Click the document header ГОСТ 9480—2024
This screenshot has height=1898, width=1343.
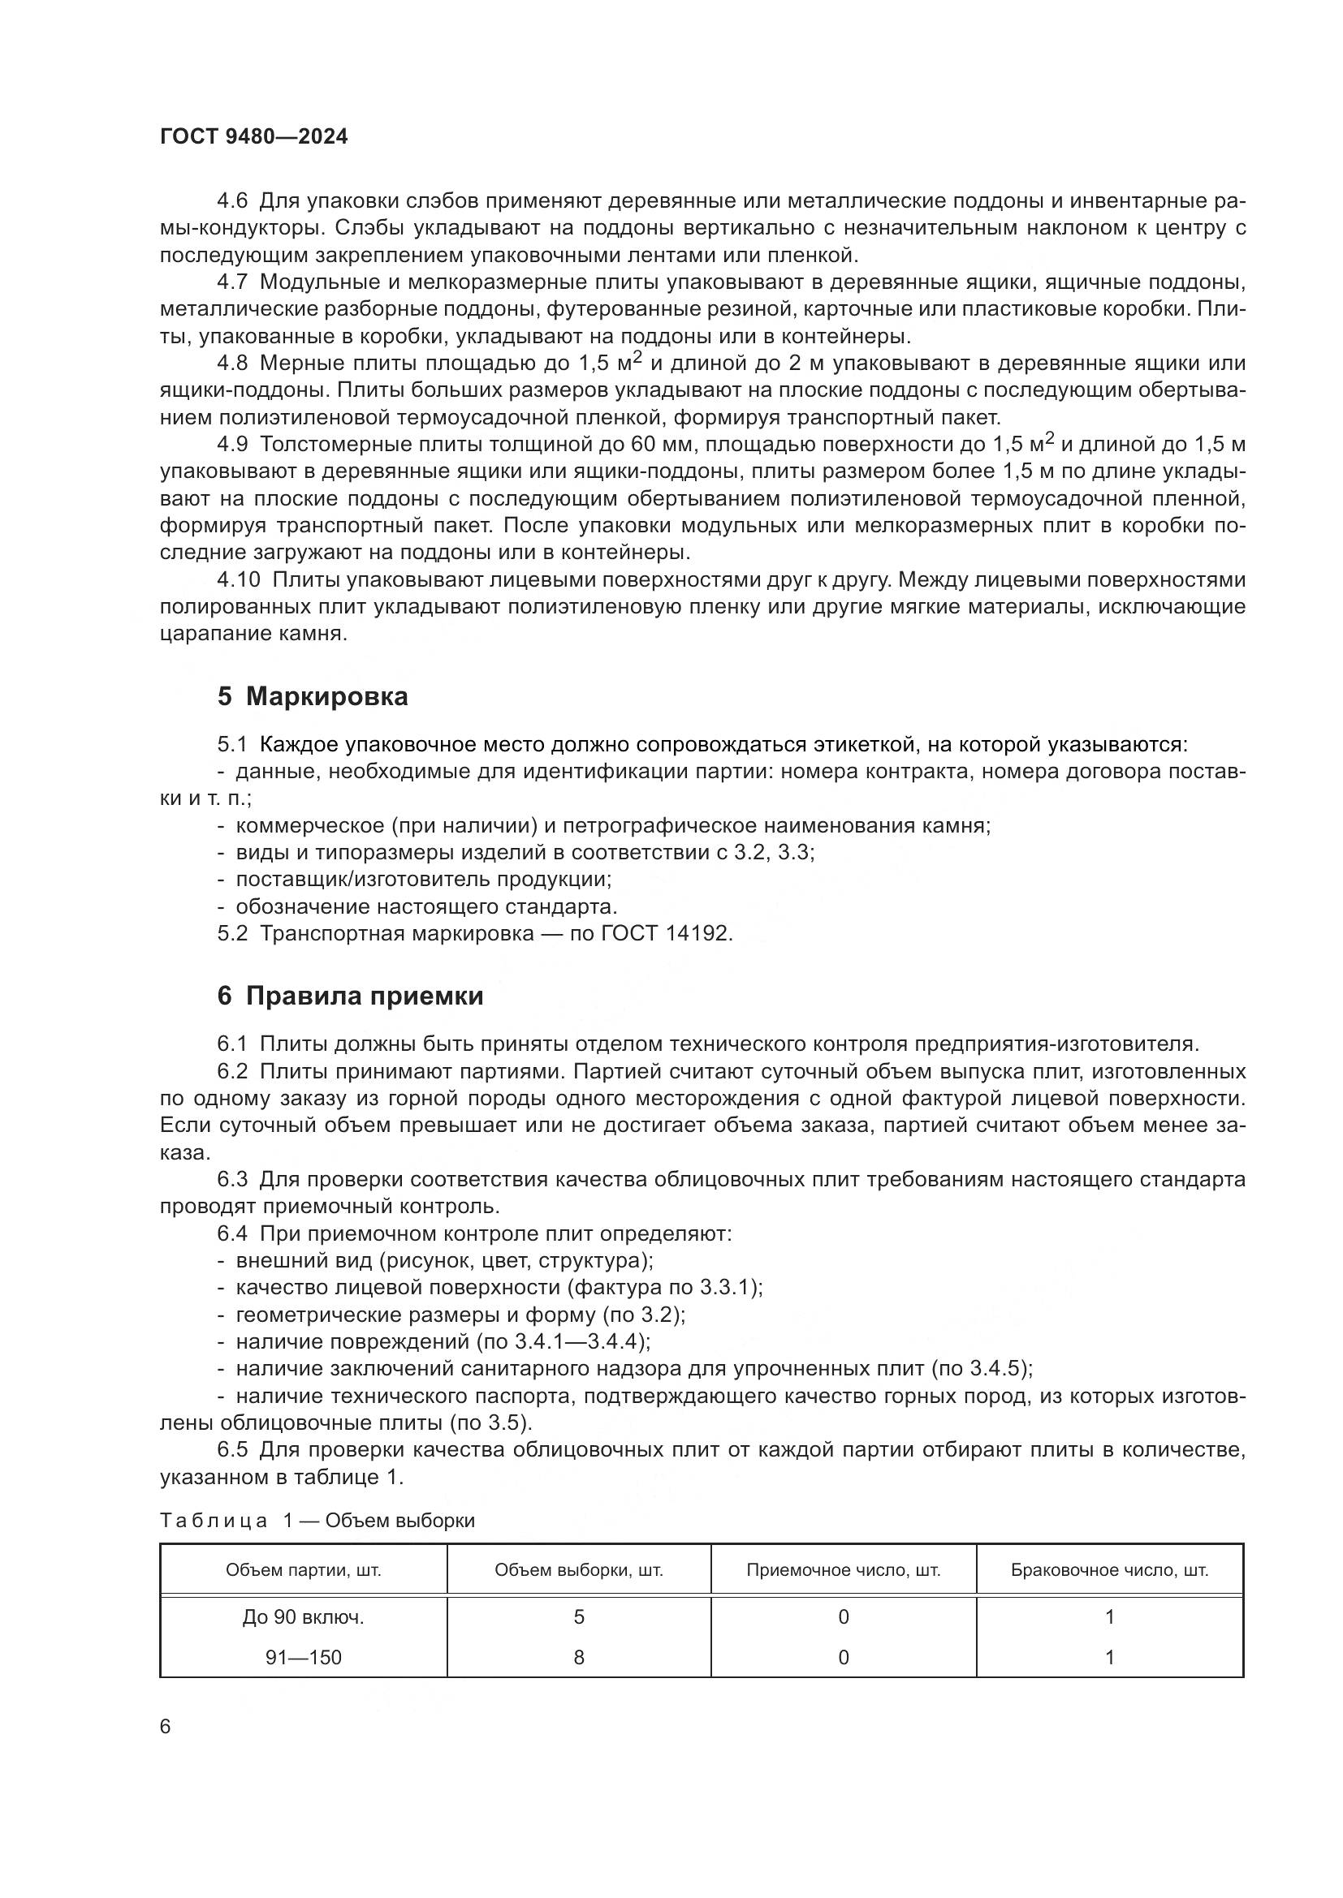(x=254, y=137)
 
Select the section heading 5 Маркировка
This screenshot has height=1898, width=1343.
(x=313, y=697)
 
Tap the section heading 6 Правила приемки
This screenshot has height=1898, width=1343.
(x=350, y=996)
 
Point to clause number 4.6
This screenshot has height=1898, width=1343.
(x=232, y=201)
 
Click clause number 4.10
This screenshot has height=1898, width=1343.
(x=238, y=580)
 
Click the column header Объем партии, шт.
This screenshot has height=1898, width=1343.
(x=304, y=1570)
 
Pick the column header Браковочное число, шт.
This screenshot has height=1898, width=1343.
(x=1110, y=1570)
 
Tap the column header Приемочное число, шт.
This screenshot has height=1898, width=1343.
(x=844, y=1570)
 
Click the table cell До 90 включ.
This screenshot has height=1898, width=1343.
(x=304, y=1617)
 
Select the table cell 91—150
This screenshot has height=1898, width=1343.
(x=304, y=1657)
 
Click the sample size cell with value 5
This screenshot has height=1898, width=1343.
(x=579, y=1617)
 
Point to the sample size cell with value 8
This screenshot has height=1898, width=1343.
(x=579, y=1657)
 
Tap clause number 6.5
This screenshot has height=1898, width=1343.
(x=232, y=1450)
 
